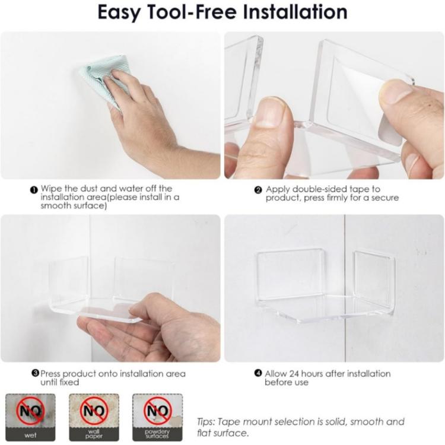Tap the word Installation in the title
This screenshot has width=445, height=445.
pos(295,12)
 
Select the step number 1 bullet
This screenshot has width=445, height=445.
pos(34,190)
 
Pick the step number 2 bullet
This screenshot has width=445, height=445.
pos(258,190)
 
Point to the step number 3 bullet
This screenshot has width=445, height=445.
pos(35,373)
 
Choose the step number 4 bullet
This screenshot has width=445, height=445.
pos(258,373)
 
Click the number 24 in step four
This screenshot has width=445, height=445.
pos(294,373)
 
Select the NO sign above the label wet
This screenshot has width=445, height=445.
pos(30,411)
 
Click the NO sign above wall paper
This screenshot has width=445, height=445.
pos(94,411)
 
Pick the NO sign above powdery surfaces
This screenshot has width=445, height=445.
pos(157,411)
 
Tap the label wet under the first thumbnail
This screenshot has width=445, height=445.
pos(30,435)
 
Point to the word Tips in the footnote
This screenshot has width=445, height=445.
pos(206,422)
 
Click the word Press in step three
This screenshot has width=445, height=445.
pos(50,373)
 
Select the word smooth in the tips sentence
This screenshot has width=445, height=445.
pos(366,422)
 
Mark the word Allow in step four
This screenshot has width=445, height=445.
pos(275,373)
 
